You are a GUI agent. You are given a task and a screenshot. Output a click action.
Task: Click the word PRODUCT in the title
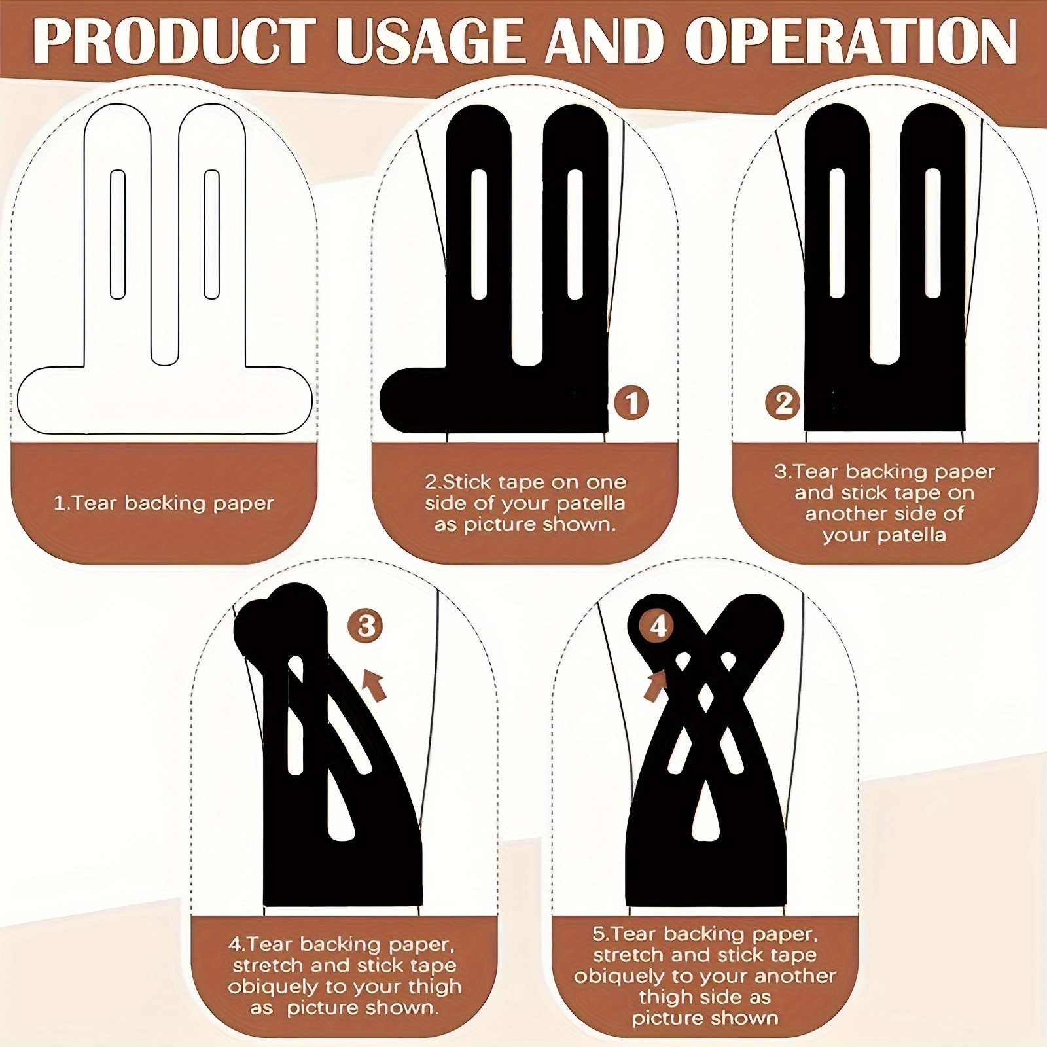pos(178,41)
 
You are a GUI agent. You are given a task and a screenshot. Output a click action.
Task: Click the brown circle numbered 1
pos(631,403)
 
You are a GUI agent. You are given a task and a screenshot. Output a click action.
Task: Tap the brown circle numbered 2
pos(783,403)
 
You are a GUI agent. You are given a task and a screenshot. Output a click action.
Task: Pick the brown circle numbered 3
pos(366,626)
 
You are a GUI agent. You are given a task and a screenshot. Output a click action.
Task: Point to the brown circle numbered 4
pos(658,626)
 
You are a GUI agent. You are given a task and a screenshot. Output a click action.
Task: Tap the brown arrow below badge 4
pos(656,686)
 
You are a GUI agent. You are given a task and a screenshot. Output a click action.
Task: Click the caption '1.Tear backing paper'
pos(164,503)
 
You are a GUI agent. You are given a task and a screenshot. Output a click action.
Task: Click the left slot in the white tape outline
pos(118,235)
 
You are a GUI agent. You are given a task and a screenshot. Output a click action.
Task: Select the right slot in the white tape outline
pos(211,235)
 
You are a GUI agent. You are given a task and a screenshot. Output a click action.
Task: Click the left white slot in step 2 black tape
pos(479,235)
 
